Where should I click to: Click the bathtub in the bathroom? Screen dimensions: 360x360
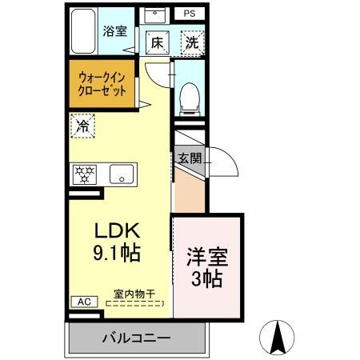click(x=83, y=33)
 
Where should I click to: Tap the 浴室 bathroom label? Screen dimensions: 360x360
click(x=115, y=32)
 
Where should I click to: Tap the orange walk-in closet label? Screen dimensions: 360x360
click(x=102, y=84)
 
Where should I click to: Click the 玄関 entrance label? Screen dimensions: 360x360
click(x=190, y=158)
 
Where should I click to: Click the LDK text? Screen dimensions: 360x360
click(x=118, y=232)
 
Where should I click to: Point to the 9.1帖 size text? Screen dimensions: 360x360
click(x=118, y=254)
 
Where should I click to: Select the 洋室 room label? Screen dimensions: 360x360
click(x=206, y=258)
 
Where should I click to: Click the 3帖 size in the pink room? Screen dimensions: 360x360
click(x=206, y=280)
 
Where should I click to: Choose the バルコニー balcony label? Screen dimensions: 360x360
click(x=136, y=338)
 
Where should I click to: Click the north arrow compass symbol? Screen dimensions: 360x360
click(x=280, y=336)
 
